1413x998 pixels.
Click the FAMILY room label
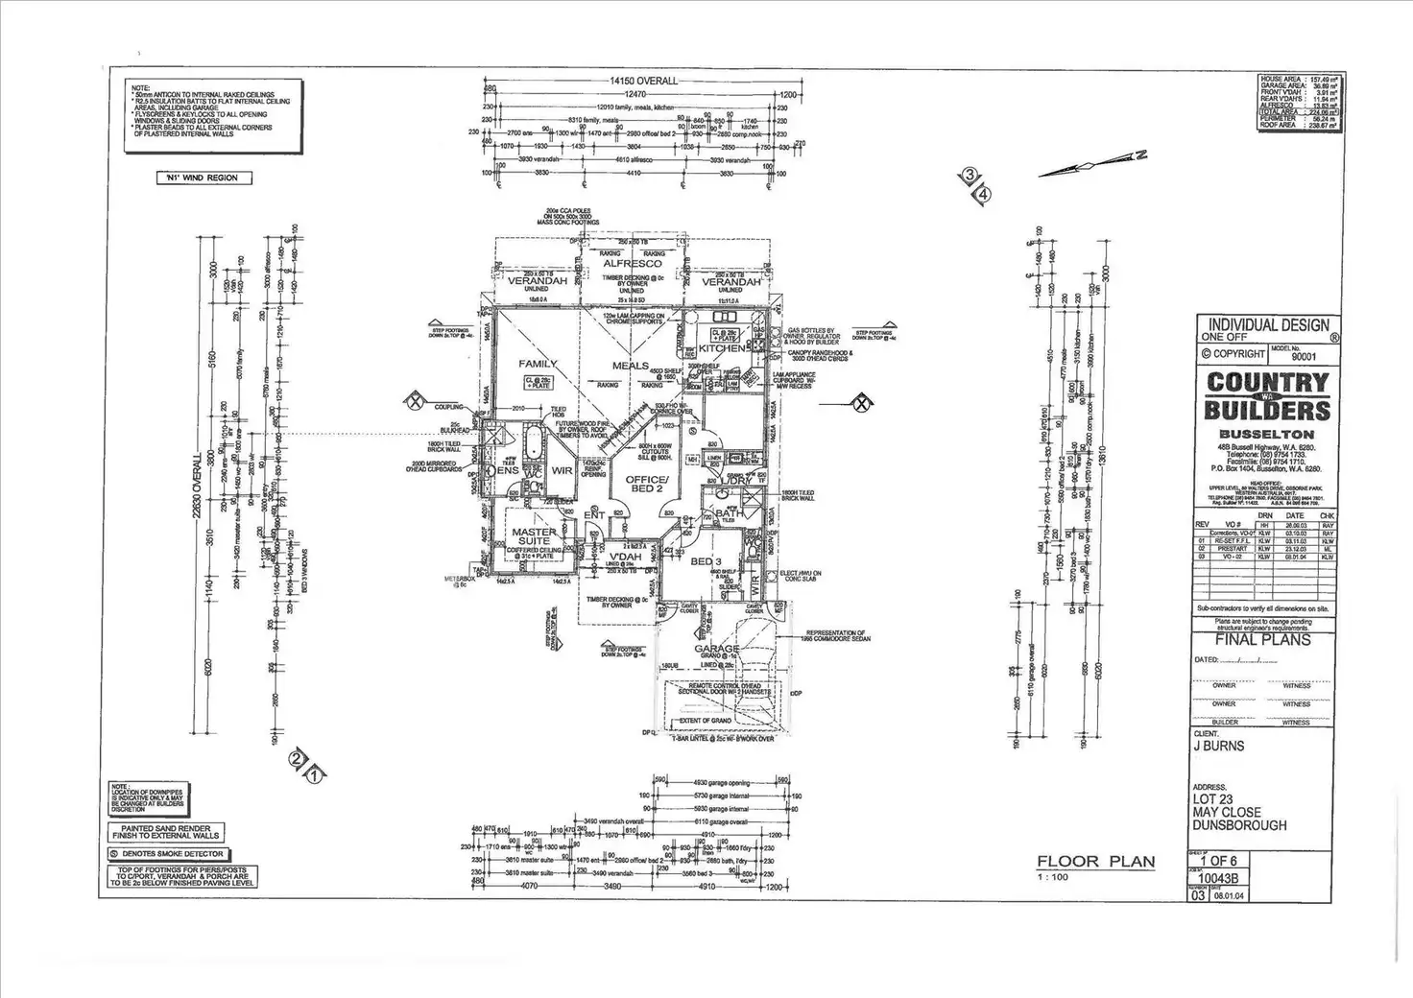539,365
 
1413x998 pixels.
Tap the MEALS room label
631,366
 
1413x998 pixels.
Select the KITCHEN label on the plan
721,348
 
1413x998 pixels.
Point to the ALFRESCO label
632,263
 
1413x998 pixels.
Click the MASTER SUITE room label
534,536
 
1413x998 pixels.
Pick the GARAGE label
717,649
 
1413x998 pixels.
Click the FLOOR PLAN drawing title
1095,862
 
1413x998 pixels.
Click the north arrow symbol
1094,165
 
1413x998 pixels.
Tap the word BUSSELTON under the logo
1266,434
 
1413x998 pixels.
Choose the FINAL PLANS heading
1262,640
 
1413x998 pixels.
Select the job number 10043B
1211,877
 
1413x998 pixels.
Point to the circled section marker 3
970,175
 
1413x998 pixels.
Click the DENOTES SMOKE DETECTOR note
167,853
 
